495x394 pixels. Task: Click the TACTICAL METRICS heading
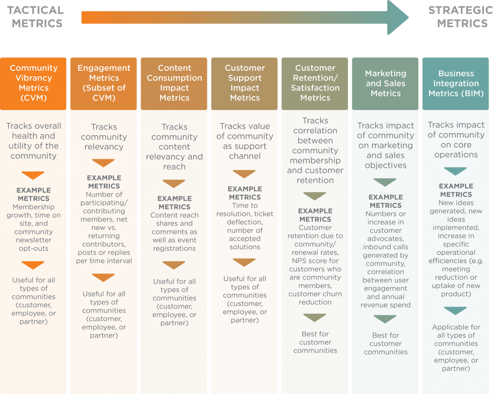click(35, 17)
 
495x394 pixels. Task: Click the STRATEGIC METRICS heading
click(461, 17)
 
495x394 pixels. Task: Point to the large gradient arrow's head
click(398, 17)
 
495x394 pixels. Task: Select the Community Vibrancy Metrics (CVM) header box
click(33, 84)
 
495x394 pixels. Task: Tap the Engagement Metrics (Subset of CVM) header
click(103, 84)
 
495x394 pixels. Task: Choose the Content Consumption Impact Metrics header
click(174, 84)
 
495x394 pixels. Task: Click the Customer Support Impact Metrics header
click(245, 84)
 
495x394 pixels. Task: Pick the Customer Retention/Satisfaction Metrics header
click(315, 84)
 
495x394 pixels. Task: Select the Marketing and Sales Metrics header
click(385, 84)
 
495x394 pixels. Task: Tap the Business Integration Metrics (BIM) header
click(455, 84)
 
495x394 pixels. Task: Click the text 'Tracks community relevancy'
click(104, 137)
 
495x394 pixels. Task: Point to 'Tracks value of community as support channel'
click(245, 141)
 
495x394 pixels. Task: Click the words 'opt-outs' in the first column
click(34, 248)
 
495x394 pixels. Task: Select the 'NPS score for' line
click(315, 261)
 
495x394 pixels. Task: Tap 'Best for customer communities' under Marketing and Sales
click(386, 343)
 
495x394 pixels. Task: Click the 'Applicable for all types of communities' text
click(456, 335)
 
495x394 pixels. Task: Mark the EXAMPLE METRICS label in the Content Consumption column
click(174, 203)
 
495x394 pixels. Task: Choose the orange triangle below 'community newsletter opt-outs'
click(33, 265)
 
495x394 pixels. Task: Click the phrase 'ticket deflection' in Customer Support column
click(245, 218)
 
